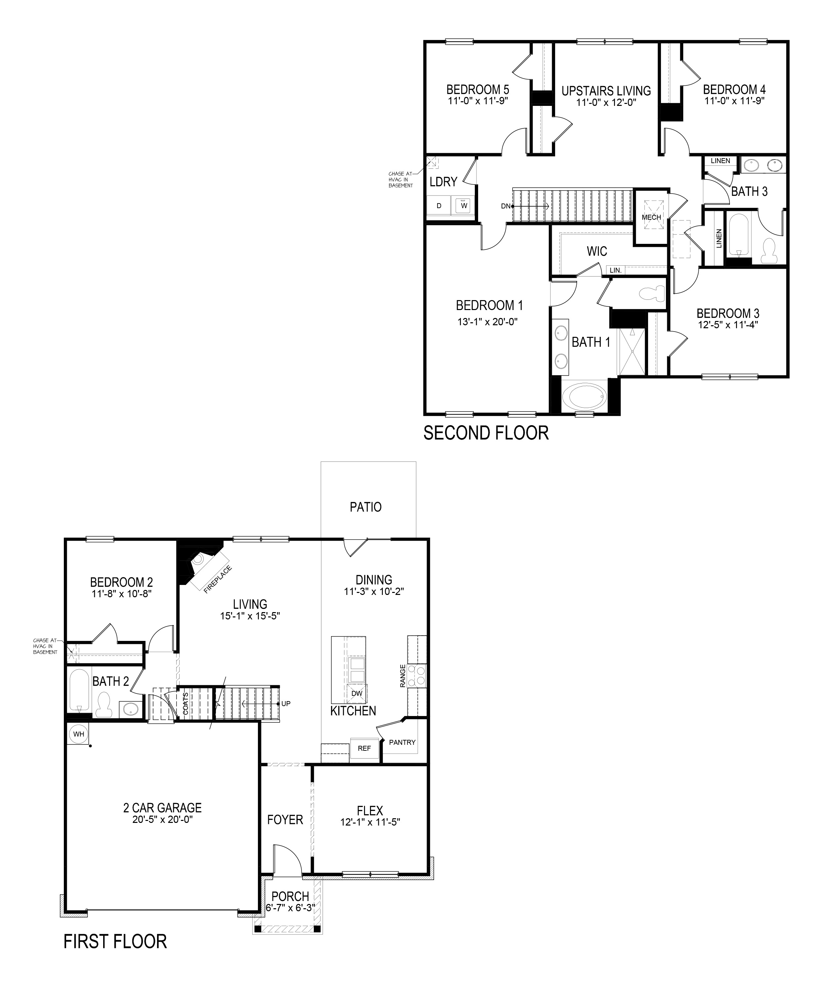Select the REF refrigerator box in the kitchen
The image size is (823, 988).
point(364,748)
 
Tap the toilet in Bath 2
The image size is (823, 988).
point(103,706)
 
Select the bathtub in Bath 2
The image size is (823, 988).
point(79,690)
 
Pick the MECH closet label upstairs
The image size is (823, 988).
point(651,217)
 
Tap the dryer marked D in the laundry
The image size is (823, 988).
point(439,205)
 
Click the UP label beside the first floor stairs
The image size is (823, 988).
point(286,704)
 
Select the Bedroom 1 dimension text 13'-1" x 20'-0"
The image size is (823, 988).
point(488,322)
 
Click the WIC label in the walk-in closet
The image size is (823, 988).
point(597,251)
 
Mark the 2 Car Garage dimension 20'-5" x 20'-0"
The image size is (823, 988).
point(163,819)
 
